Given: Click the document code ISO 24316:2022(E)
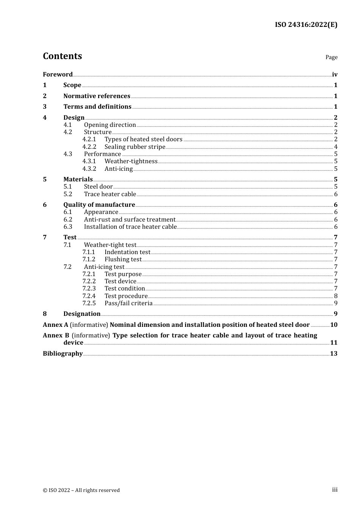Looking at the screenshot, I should (306, 25).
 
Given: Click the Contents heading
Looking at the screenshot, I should (62, 56).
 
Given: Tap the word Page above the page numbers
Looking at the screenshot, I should (331, 57).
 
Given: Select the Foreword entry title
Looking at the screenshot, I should (58, 74).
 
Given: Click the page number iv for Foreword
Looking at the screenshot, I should (335, 74).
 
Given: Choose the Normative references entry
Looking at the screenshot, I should (97, 96).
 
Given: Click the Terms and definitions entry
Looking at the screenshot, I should (97, 106).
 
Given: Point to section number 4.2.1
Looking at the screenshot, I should (89, 139).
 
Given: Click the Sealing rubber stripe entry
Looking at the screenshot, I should (135, 147).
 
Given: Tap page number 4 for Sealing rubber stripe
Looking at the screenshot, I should (336, 147).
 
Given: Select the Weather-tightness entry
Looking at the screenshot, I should (131, 161).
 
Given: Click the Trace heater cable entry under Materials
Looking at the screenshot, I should (110, 194).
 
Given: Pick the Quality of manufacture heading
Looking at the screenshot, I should (99, 205).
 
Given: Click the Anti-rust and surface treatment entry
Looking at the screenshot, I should (130, 219).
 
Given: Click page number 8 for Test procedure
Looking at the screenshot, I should (336, 296).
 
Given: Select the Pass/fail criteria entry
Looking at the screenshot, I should (128, 303).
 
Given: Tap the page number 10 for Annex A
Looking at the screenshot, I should (334, 325).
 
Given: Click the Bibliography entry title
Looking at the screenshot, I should (63, 353).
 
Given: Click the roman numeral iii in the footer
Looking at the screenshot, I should (335, 490).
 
